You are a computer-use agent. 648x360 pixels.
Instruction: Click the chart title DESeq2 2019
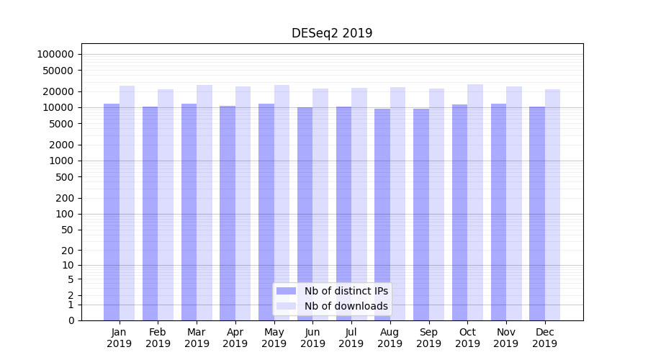point(332,33)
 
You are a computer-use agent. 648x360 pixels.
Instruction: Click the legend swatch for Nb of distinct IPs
point(287,291)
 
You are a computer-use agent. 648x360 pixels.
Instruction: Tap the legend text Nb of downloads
point(346,306)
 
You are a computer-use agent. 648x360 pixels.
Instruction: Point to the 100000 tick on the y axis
point(55,54)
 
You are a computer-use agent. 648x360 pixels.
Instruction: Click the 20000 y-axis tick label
point(58,91)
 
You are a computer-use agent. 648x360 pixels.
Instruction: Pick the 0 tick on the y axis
point(71,320)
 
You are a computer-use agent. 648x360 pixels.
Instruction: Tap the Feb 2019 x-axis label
point(158,338)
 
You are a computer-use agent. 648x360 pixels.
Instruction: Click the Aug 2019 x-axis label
point(390,338)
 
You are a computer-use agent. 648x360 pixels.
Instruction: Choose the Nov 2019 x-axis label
point(506,338)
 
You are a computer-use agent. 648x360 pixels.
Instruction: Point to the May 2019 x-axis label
point(274,338)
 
